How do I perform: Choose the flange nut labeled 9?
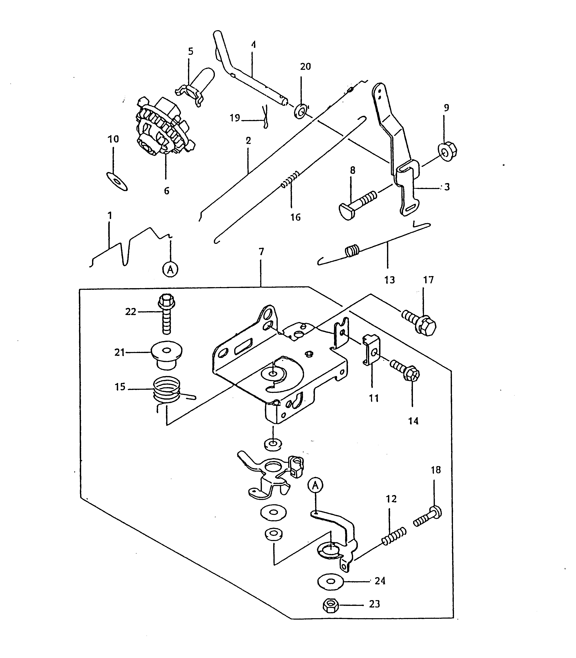[448, 151]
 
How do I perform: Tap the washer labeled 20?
[301, 111]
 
